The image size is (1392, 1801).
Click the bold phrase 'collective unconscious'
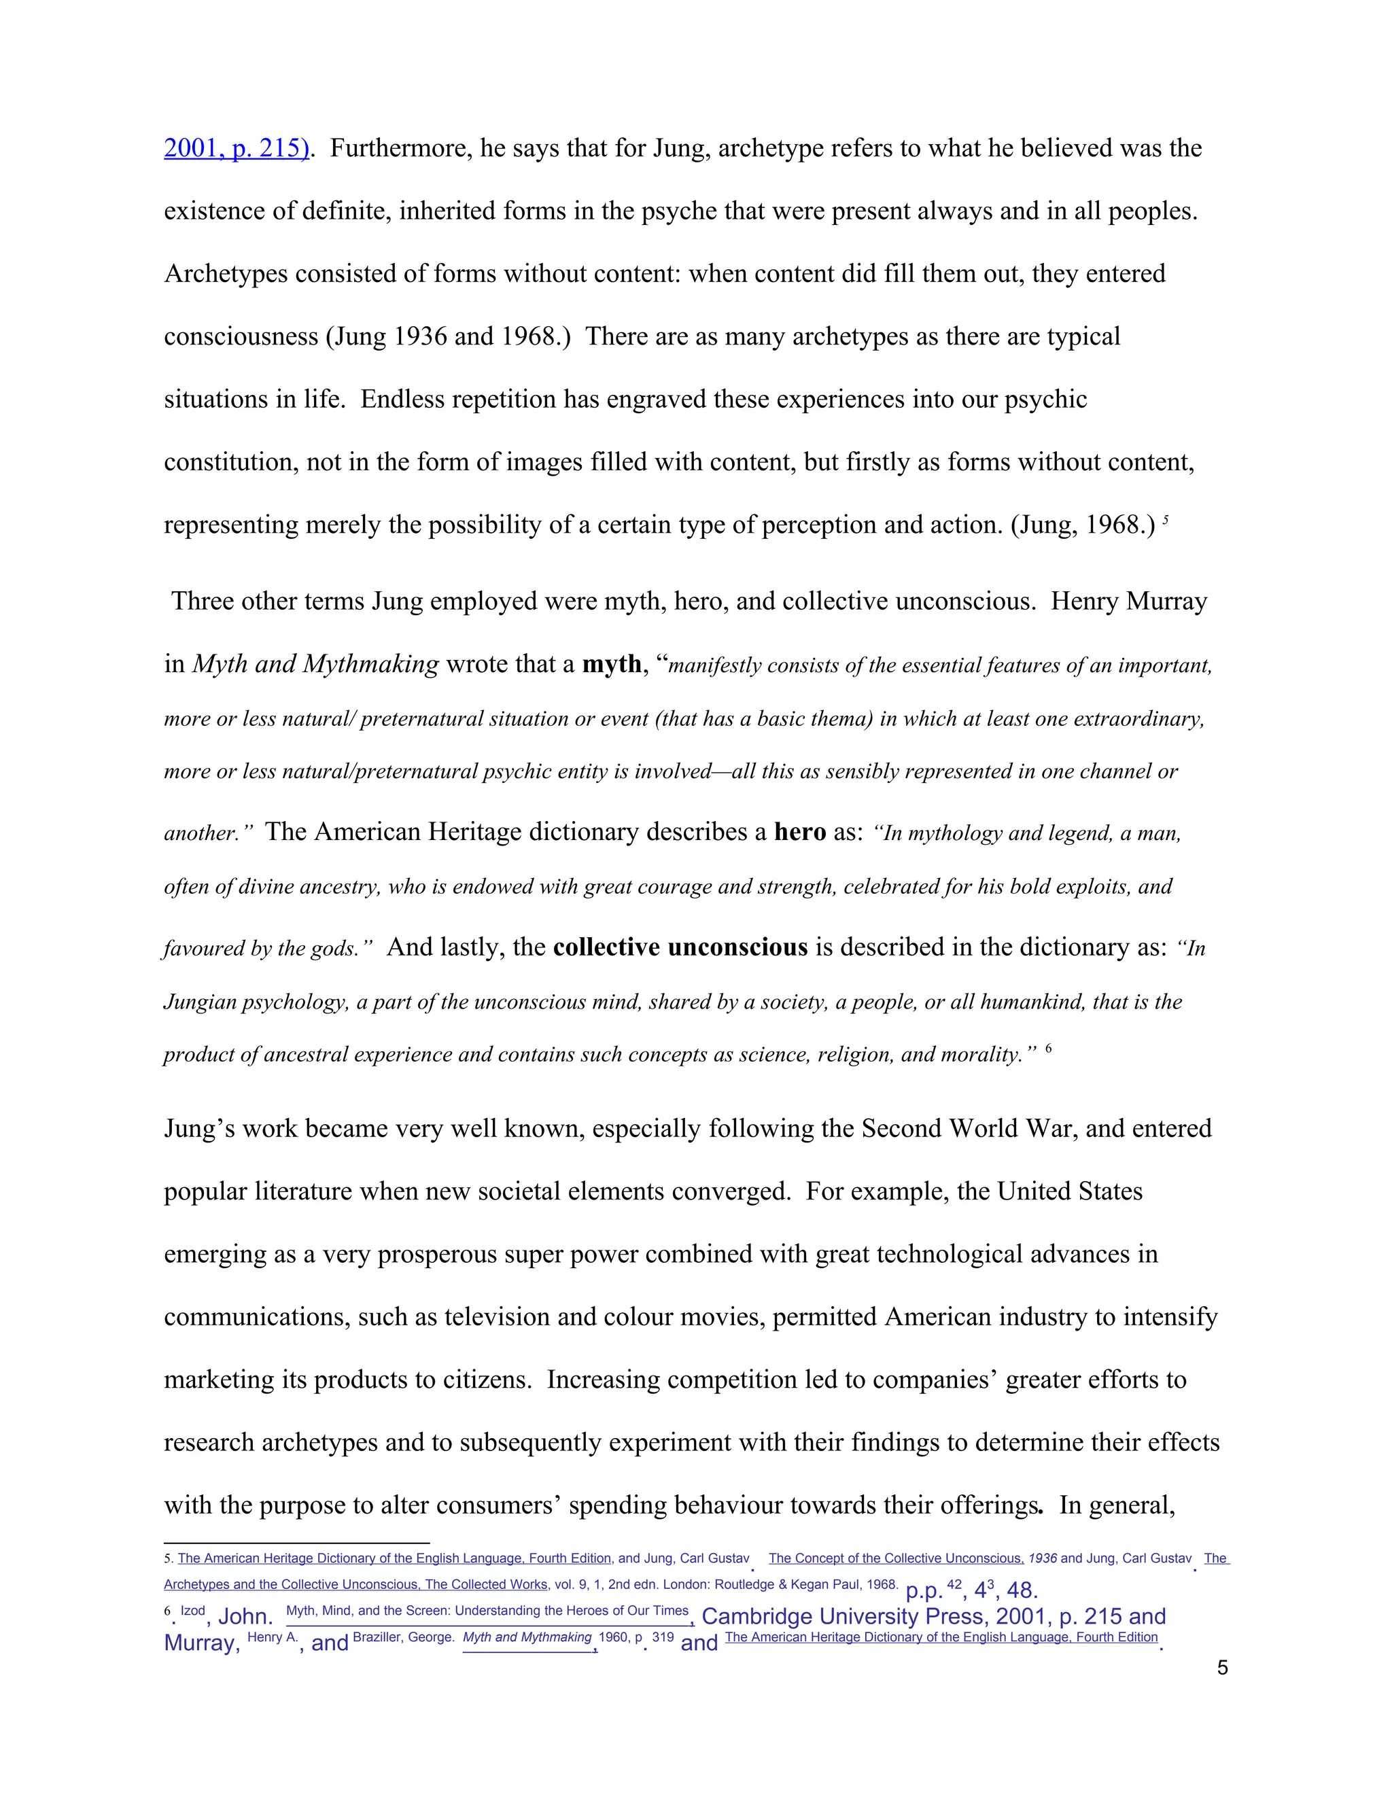point(680,947)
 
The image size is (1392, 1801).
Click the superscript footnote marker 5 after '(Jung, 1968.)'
point(1165,521)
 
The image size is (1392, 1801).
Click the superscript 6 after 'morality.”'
point(1048,1049)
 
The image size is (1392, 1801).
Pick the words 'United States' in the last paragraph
point(1070,1191)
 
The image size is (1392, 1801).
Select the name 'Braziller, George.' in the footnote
point(403,1637)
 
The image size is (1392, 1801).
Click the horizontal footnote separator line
point(297,1542)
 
